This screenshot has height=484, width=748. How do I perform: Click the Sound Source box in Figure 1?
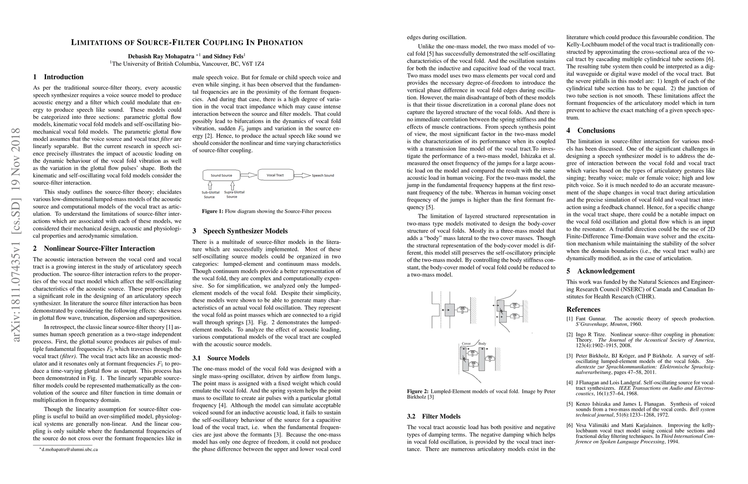(x=221, y=175)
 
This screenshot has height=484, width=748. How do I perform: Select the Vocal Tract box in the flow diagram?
(x=275, y=175)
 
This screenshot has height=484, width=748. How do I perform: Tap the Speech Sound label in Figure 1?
(x=323, y=175)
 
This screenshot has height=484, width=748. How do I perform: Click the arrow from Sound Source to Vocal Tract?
(x=248, y=175)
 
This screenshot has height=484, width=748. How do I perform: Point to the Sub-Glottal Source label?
(x=209, y=194)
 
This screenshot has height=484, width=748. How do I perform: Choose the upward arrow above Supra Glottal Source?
(x=232, y=185)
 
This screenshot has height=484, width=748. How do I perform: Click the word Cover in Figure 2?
(x=466, y=344)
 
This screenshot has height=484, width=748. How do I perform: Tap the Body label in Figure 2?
(x=482, y=344)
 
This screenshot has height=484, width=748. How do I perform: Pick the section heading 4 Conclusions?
(x=591, y=130)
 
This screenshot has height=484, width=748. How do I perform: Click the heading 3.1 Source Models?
(x=221, y=358)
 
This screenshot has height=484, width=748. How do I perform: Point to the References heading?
(x=583, y=309)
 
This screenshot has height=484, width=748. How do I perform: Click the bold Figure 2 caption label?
(x=417, y=391)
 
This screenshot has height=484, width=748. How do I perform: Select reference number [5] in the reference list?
(x=570, y=404)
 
